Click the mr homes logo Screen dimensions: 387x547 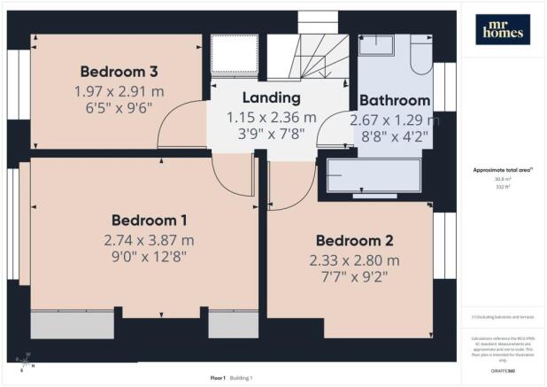tap(502, 29)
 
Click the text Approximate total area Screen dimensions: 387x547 tap(501, 170)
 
